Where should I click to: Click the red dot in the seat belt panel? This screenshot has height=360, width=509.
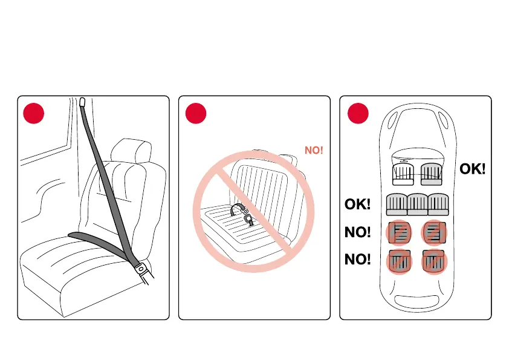tap(33, 113)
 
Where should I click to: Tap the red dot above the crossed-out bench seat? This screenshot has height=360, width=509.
tap(195, 113)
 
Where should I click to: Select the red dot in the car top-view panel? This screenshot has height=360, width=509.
tap(357, 113)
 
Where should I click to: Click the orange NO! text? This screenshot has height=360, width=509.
tap(314, 149)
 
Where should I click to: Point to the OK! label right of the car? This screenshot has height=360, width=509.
tap(473, 169)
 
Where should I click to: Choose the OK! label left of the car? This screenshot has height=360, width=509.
tap(357, 204)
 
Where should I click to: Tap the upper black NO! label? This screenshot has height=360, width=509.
tap(357, 232)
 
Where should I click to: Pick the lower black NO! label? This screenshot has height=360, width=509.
tap(357, 260)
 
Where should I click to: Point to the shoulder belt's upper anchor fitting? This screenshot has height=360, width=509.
tap(83, 102)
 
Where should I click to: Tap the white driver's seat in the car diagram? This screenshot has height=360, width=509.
tap(402, 174)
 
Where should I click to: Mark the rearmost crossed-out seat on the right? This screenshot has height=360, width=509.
tap(433, 261)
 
